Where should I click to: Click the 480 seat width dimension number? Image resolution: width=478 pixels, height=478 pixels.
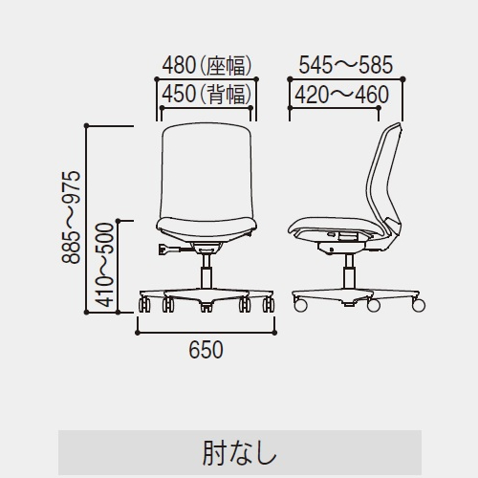(x=179, y=65)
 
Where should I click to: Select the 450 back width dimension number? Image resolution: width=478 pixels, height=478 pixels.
(x=179, y=95)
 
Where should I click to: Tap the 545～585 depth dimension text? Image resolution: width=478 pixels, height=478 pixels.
(x=346, y=65)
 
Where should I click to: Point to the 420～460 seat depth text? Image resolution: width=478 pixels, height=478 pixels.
(x=341, y=95)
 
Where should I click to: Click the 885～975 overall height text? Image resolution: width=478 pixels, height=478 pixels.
(x=71, y=217)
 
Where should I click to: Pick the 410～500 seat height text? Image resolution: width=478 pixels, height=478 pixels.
(x=105, y=265)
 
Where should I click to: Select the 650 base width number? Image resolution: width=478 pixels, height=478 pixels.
(x=206, y=350)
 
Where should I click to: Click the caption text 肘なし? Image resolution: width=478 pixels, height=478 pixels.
(x=239, y=453)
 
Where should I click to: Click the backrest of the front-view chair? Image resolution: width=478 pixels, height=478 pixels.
(x=206, y=170)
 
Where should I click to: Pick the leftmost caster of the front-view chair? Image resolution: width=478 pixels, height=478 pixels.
(x=144, y=305)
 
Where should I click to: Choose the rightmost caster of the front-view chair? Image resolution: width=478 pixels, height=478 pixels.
(x=269, y=305)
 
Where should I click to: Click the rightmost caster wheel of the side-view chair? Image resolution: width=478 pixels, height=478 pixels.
(x=419, y=305)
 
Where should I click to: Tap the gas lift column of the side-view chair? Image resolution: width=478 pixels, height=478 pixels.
(x=350, y=272)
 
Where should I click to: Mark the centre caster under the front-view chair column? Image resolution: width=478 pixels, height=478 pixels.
(x=206, y=307)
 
